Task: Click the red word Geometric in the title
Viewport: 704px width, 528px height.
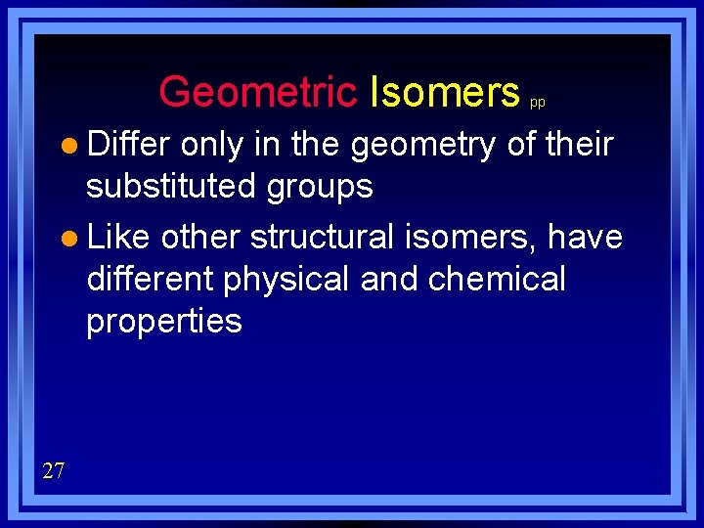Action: (258, 93)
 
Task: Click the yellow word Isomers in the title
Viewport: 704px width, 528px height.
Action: (445, 93)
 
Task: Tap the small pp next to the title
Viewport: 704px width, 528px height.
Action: (538, 102)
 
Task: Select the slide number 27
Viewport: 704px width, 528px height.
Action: (54, 471)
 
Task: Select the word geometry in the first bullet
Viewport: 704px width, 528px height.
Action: (422, 146)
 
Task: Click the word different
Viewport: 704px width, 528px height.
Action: (151, 279)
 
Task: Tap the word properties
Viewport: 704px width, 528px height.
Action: (163, 322)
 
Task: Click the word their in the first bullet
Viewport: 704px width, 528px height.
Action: (579, 144)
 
